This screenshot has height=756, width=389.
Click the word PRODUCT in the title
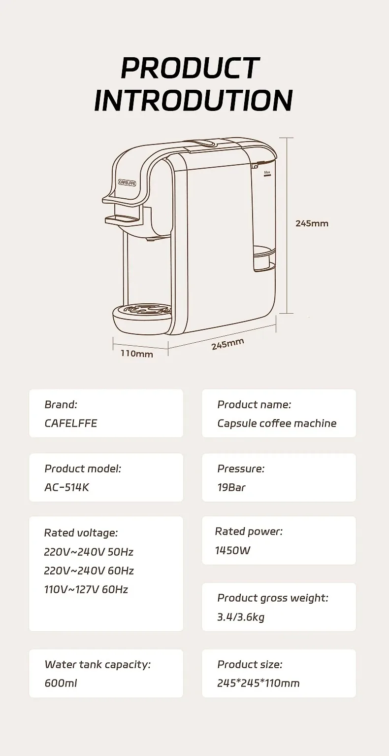click(x=190, y=68)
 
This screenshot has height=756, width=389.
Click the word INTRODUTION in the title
click(x=194, y=100)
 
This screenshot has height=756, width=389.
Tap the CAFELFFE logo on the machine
click(x=127, y=182)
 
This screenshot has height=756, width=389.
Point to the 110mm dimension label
click(x=137, y=354)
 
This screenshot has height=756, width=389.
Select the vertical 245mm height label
click(x=312, y=223)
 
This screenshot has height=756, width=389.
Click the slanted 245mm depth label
click(x=228, y=344)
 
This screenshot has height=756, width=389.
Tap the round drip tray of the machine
click(x=143, y=316)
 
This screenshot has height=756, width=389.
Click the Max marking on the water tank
click(x=267, y=173)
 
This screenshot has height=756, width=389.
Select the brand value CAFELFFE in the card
click(x=71, y=423)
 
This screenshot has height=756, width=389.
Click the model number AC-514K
click(x=67, y=487)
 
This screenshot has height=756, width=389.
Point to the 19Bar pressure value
click(x=231, y=487)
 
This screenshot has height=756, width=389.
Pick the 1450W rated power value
click(x=232, y=550)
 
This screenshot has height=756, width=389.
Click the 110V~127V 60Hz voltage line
click(x=86, y=589)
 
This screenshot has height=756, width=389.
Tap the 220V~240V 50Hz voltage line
click(x=89, y=551)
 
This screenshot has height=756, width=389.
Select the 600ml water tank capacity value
click(x=61, y=683)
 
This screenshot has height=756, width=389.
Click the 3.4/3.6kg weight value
click(x=241, y=616)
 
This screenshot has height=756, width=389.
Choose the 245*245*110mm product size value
click(x=259, y=683)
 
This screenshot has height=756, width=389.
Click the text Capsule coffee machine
click(x=277, y=423)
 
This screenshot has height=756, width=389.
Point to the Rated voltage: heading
click(x=81, y=533)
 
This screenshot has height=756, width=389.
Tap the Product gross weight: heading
click(x=273, y=598)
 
